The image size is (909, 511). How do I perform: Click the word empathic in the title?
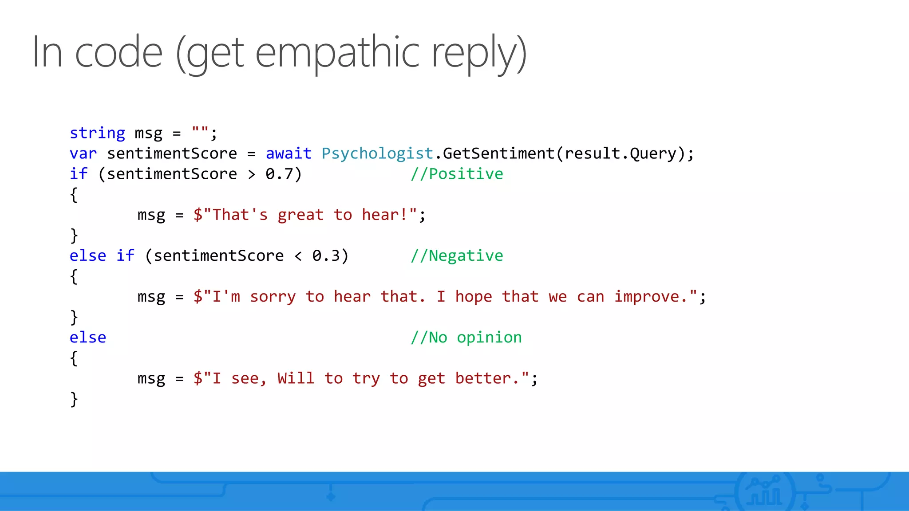click(337, 53)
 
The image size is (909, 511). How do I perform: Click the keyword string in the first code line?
click(97, 133)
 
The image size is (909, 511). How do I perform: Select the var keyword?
click(83, 153)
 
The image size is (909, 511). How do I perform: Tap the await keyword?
click(289, 153)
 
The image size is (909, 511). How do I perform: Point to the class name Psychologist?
click(377, 153)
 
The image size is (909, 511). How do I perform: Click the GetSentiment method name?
click(498, 153)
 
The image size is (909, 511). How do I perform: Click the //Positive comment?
click(457, 174)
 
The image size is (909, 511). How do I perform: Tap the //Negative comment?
click(457, 256)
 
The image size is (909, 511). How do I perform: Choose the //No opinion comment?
click(466, 338)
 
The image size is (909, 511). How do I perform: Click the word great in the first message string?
click(300, 215)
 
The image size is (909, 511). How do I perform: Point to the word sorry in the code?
click(273, 297)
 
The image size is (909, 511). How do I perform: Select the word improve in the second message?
click(647, 297)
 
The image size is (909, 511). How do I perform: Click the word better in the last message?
click(483, 378)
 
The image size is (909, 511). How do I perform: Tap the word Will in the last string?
click(296, 378)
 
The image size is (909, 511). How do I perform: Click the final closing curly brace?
click(74, 399)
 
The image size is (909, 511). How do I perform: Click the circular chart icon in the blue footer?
click(764, 491)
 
